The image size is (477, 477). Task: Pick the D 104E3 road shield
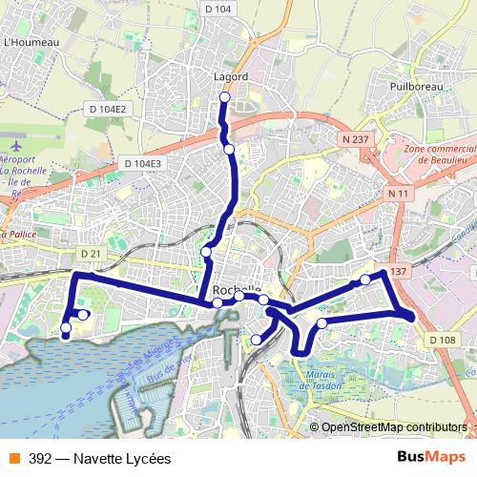143,164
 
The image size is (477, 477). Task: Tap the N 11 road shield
398,194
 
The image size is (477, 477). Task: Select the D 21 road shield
91,253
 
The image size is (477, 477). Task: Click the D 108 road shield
442,340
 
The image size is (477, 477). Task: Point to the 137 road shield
399,272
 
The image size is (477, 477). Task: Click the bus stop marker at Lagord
225,97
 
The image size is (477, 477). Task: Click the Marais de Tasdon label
321,382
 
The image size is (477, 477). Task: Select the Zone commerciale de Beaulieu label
440,156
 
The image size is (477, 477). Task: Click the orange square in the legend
13,458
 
